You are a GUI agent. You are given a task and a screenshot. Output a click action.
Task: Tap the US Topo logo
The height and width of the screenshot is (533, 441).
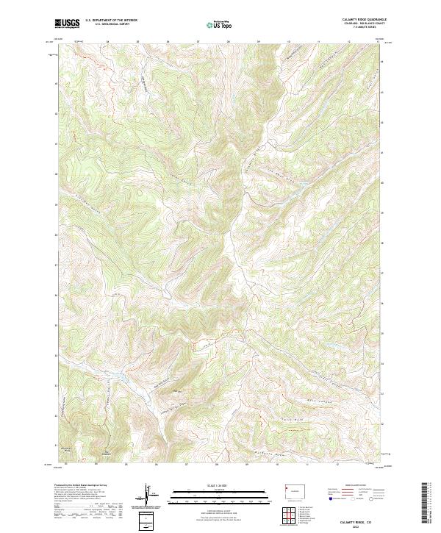coord(218,25)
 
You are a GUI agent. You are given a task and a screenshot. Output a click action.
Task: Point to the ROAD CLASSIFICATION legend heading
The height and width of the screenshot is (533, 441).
coord(351,486)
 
